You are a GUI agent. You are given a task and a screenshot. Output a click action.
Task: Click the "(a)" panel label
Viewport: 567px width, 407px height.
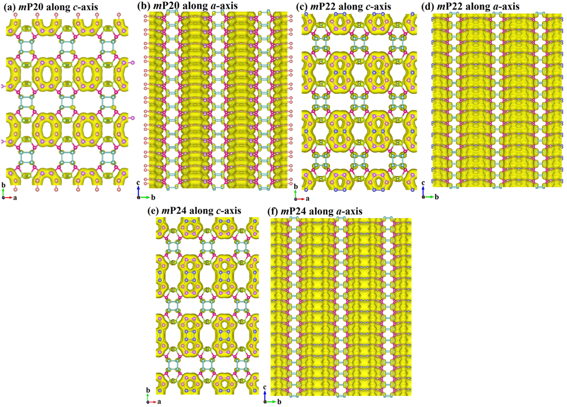tap(9, 7)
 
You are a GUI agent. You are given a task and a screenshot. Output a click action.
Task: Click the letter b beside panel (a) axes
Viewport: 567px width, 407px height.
tap(3, 185)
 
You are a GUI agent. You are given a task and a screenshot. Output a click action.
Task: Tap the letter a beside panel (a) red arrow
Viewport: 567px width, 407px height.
tap(15, 198)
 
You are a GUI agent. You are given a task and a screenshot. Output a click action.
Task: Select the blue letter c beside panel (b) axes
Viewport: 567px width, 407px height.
tap(138, 183)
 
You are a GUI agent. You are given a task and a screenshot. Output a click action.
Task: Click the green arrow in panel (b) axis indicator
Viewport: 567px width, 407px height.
tap(145, 197)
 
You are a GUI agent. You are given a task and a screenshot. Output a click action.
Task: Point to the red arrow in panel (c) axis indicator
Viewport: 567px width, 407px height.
tap(301, 199)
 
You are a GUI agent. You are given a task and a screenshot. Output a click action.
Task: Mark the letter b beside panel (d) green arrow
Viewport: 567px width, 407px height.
tap(437, 197)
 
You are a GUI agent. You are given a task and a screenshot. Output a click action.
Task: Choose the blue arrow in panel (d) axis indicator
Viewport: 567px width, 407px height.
tap(423, 191)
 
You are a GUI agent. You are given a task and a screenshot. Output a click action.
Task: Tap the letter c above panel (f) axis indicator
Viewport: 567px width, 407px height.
tap(265, 387)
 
